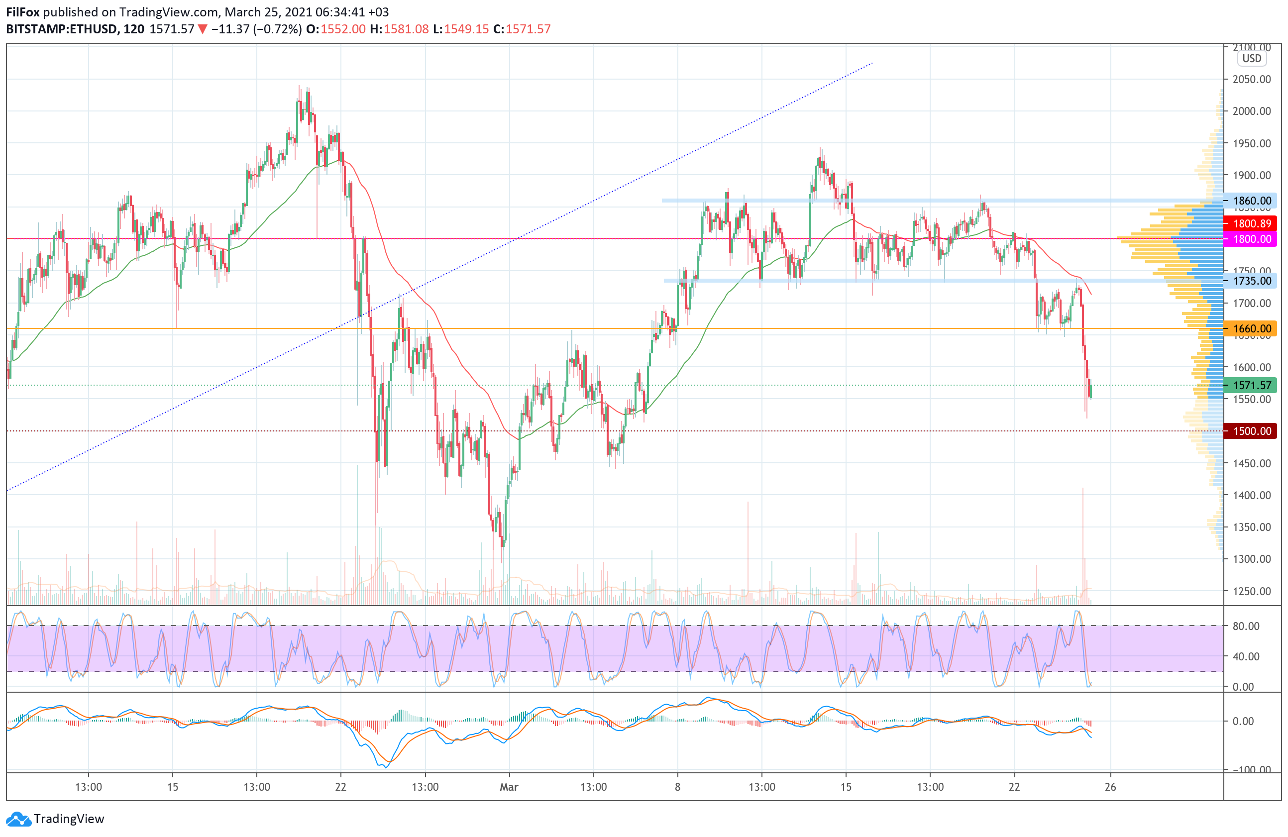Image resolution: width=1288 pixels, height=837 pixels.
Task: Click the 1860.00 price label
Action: pyautogui.click(x=1251, y=201)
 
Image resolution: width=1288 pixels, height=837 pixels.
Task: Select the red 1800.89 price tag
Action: pyautogui.click(x=1251, y=223)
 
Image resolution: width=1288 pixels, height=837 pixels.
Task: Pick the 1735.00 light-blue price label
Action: pyautogui.click(x=1251, y=281)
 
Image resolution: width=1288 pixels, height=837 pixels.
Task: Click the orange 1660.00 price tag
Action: pyautogui.click(x=1251, y=328)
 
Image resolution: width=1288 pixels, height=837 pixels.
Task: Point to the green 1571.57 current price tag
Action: pyautogui.click(x=1251, y=385)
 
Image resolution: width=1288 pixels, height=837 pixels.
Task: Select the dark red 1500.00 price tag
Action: pyautogui.click(x=1251, y=431)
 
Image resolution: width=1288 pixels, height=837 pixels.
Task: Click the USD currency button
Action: pyautogui.click(x=1251, y=58)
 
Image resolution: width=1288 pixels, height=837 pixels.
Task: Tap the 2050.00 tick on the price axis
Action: pyautogui.click(x=1251, y=80)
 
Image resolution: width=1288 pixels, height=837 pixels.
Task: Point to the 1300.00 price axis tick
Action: pyautogui.click(x=1251, y=559)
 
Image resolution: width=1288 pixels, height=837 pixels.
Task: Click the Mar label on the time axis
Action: pyautogui.click(x=509, y=787)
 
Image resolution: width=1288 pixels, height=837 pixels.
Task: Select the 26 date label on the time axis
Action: pyautogui.click(x=1110, y=787)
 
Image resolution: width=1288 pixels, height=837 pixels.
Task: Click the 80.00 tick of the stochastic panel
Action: pyautogui.click(x=1246, y=626)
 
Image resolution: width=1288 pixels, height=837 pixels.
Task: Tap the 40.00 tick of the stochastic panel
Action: pyautogui.click(x=1246, y=656)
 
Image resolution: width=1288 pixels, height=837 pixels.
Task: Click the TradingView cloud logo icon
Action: pyautogui.click(x=19, y=819)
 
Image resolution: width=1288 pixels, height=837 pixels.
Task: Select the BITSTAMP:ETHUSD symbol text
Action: pyautogui.click(x=62, y=29)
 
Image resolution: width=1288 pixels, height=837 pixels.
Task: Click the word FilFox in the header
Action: pyautogui.click(x=23, y=12)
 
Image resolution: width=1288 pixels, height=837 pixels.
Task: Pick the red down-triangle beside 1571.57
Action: pyautogui.click(x=203, y=29)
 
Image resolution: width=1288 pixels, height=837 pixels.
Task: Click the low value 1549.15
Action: pyautogui.click(x=466, y=29)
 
